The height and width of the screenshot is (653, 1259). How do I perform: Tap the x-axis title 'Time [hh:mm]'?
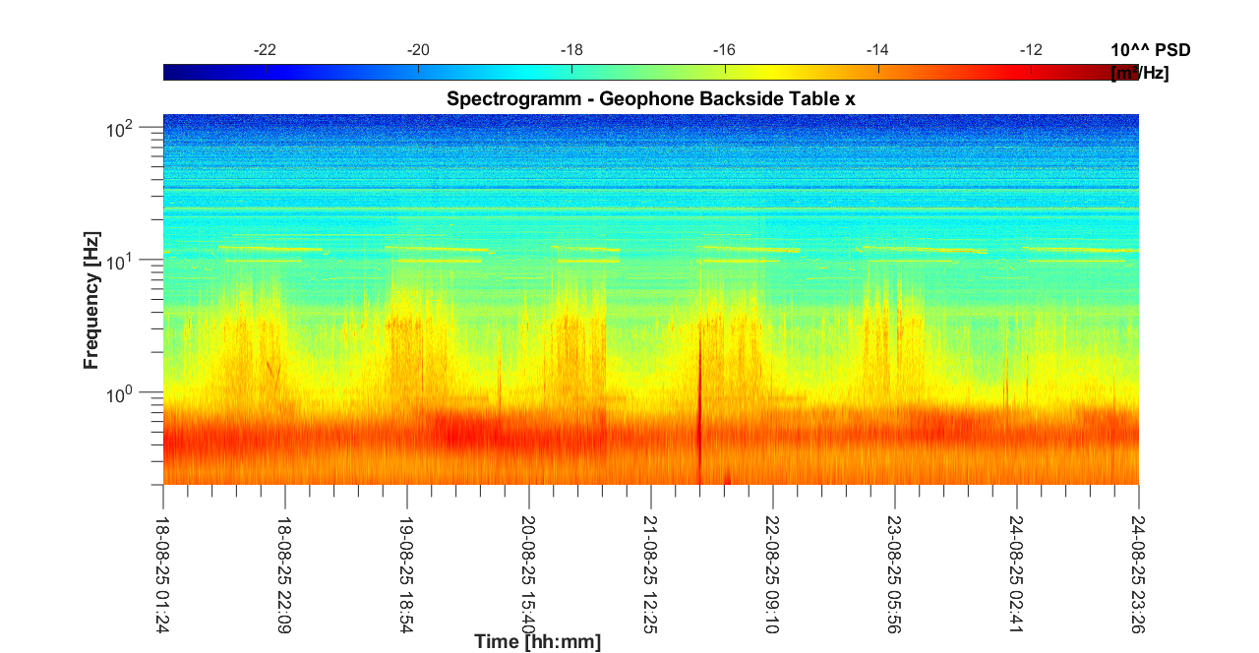point(537,642)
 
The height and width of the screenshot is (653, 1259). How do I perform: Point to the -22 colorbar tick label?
point(265,49)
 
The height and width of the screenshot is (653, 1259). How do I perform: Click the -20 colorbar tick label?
point(418,49)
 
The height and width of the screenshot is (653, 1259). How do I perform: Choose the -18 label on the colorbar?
point(571,49)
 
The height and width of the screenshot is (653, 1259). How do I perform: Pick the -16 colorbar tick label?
point(725,49)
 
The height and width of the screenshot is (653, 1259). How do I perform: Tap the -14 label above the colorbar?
point(877,49)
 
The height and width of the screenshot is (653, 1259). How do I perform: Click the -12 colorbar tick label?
point(1031,49)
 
